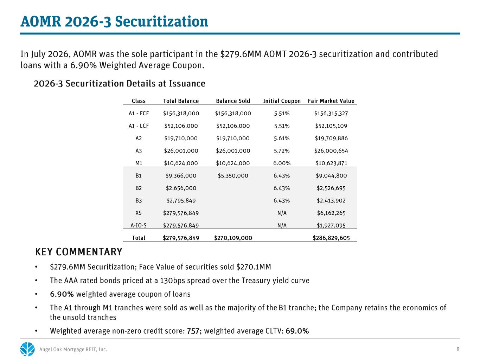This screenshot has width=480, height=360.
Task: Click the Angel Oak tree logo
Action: click(x=27, y=349)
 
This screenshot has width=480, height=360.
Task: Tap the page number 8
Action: click(x=458, y=349)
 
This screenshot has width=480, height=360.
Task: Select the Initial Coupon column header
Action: click(x=282, y=101)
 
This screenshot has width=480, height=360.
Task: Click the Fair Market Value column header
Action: click(x=331, y=101)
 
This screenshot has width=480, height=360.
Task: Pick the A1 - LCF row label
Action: click(x=139, y=126)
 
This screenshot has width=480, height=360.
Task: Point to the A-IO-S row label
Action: click(x=139, y=225)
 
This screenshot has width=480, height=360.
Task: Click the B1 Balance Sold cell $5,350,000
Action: click(x=233, y=176)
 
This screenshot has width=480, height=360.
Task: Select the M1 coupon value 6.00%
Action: click(x=282, y=163)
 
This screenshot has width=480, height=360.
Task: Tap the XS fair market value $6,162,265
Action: click(x=331, y=213)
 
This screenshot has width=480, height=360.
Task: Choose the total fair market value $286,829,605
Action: click(x=331, y=238)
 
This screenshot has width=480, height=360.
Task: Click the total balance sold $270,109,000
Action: click(x=233, y=238)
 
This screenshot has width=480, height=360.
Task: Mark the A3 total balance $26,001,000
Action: click(x=181, y=151)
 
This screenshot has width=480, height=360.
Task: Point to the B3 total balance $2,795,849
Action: click(x=181, y=201)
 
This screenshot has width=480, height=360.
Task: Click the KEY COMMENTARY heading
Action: click(x=79, y=252)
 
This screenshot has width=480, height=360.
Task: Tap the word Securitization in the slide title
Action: click(x=161, y=22)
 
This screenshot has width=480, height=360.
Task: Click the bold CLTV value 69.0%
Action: click(x=297, y=331)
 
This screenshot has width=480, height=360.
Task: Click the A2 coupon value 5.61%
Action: click(x=282, y=139)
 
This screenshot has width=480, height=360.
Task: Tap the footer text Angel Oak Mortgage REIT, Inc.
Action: click(x=73, y=349)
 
